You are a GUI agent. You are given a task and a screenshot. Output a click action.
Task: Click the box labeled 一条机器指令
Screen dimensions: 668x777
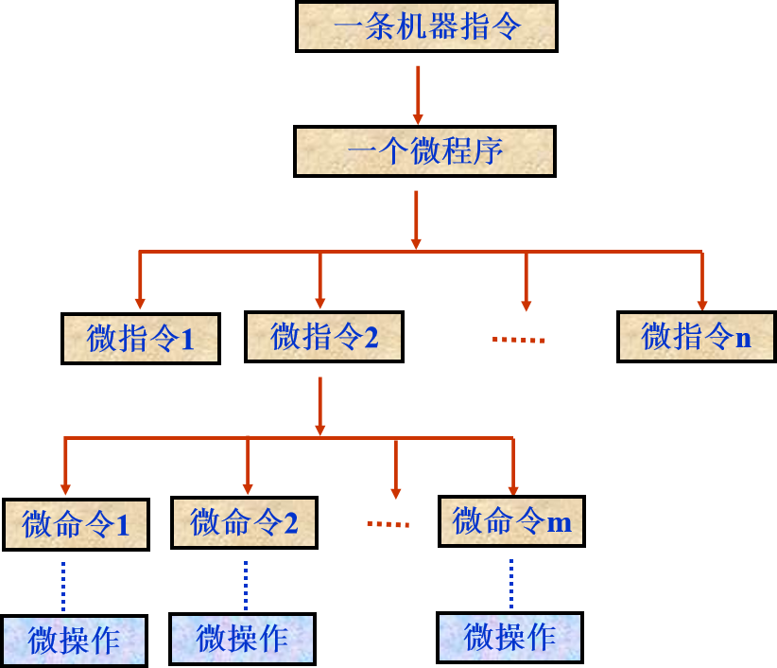(426, 26)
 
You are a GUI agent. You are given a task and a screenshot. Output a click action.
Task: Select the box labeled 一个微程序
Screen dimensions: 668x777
(424, 151)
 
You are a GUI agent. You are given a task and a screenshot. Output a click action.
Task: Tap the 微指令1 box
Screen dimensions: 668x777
(141, 339)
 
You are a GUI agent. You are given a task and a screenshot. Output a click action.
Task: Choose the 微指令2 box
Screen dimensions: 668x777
(324, 337)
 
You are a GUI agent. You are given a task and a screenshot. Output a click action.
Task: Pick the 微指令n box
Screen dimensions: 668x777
(697, 337)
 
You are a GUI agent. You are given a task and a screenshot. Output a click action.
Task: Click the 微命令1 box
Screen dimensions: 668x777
(76, 524)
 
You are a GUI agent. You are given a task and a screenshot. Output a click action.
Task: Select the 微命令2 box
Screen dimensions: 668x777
(244, 522)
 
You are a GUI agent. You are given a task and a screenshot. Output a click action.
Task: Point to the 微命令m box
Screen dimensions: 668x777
(511, 520)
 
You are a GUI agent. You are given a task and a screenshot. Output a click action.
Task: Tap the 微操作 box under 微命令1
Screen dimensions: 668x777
(74, 641)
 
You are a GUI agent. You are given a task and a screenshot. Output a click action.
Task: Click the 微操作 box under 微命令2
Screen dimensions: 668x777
(242, 639)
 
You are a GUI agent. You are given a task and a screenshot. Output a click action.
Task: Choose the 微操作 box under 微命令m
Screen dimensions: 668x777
(509, 637)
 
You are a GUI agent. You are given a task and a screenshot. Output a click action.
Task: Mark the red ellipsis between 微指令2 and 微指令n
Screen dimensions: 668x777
(518, 340)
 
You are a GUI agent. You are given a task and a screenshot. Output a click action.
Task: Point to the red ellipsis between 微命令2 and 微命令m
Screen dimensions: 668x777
(388, 523)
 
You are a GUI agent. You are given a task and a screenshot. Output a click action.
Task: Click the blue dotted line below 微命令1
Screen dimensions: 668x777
(63, 586)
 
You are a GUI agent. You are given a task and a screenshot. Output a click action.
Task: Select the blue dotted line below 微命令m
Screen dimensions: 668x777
(511, 583)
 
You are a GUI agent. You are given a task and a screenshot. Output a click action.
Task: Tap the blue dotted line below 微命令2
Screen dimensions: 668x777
(245, 585)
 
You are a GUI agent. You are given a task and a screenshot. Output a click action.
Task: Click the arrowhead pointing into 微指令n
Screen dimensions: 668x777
(702, 304)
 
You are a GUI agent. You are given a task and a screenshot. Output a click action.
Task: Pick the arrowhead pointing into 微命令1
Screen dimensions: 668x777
(65, 488)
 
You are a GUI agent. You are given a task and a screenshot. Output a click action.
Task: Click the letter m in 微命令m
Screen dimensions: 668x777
(560, 523)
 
